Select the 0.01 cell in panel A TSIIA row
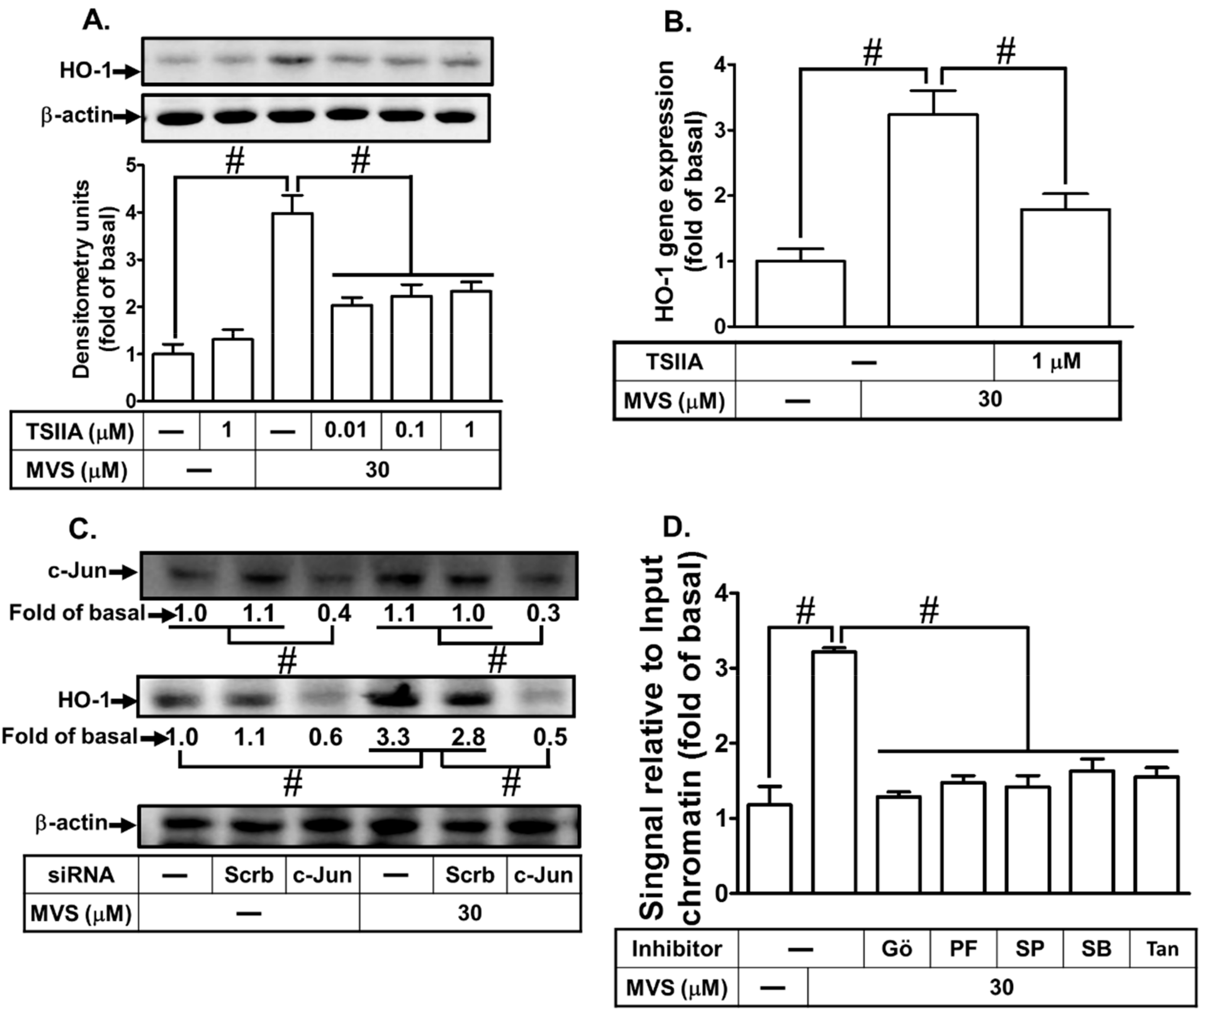346,430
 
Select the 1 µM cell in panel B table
1056,361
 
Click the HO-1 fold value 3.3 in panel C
393,737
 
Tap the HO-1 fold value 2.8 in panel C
468,737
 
